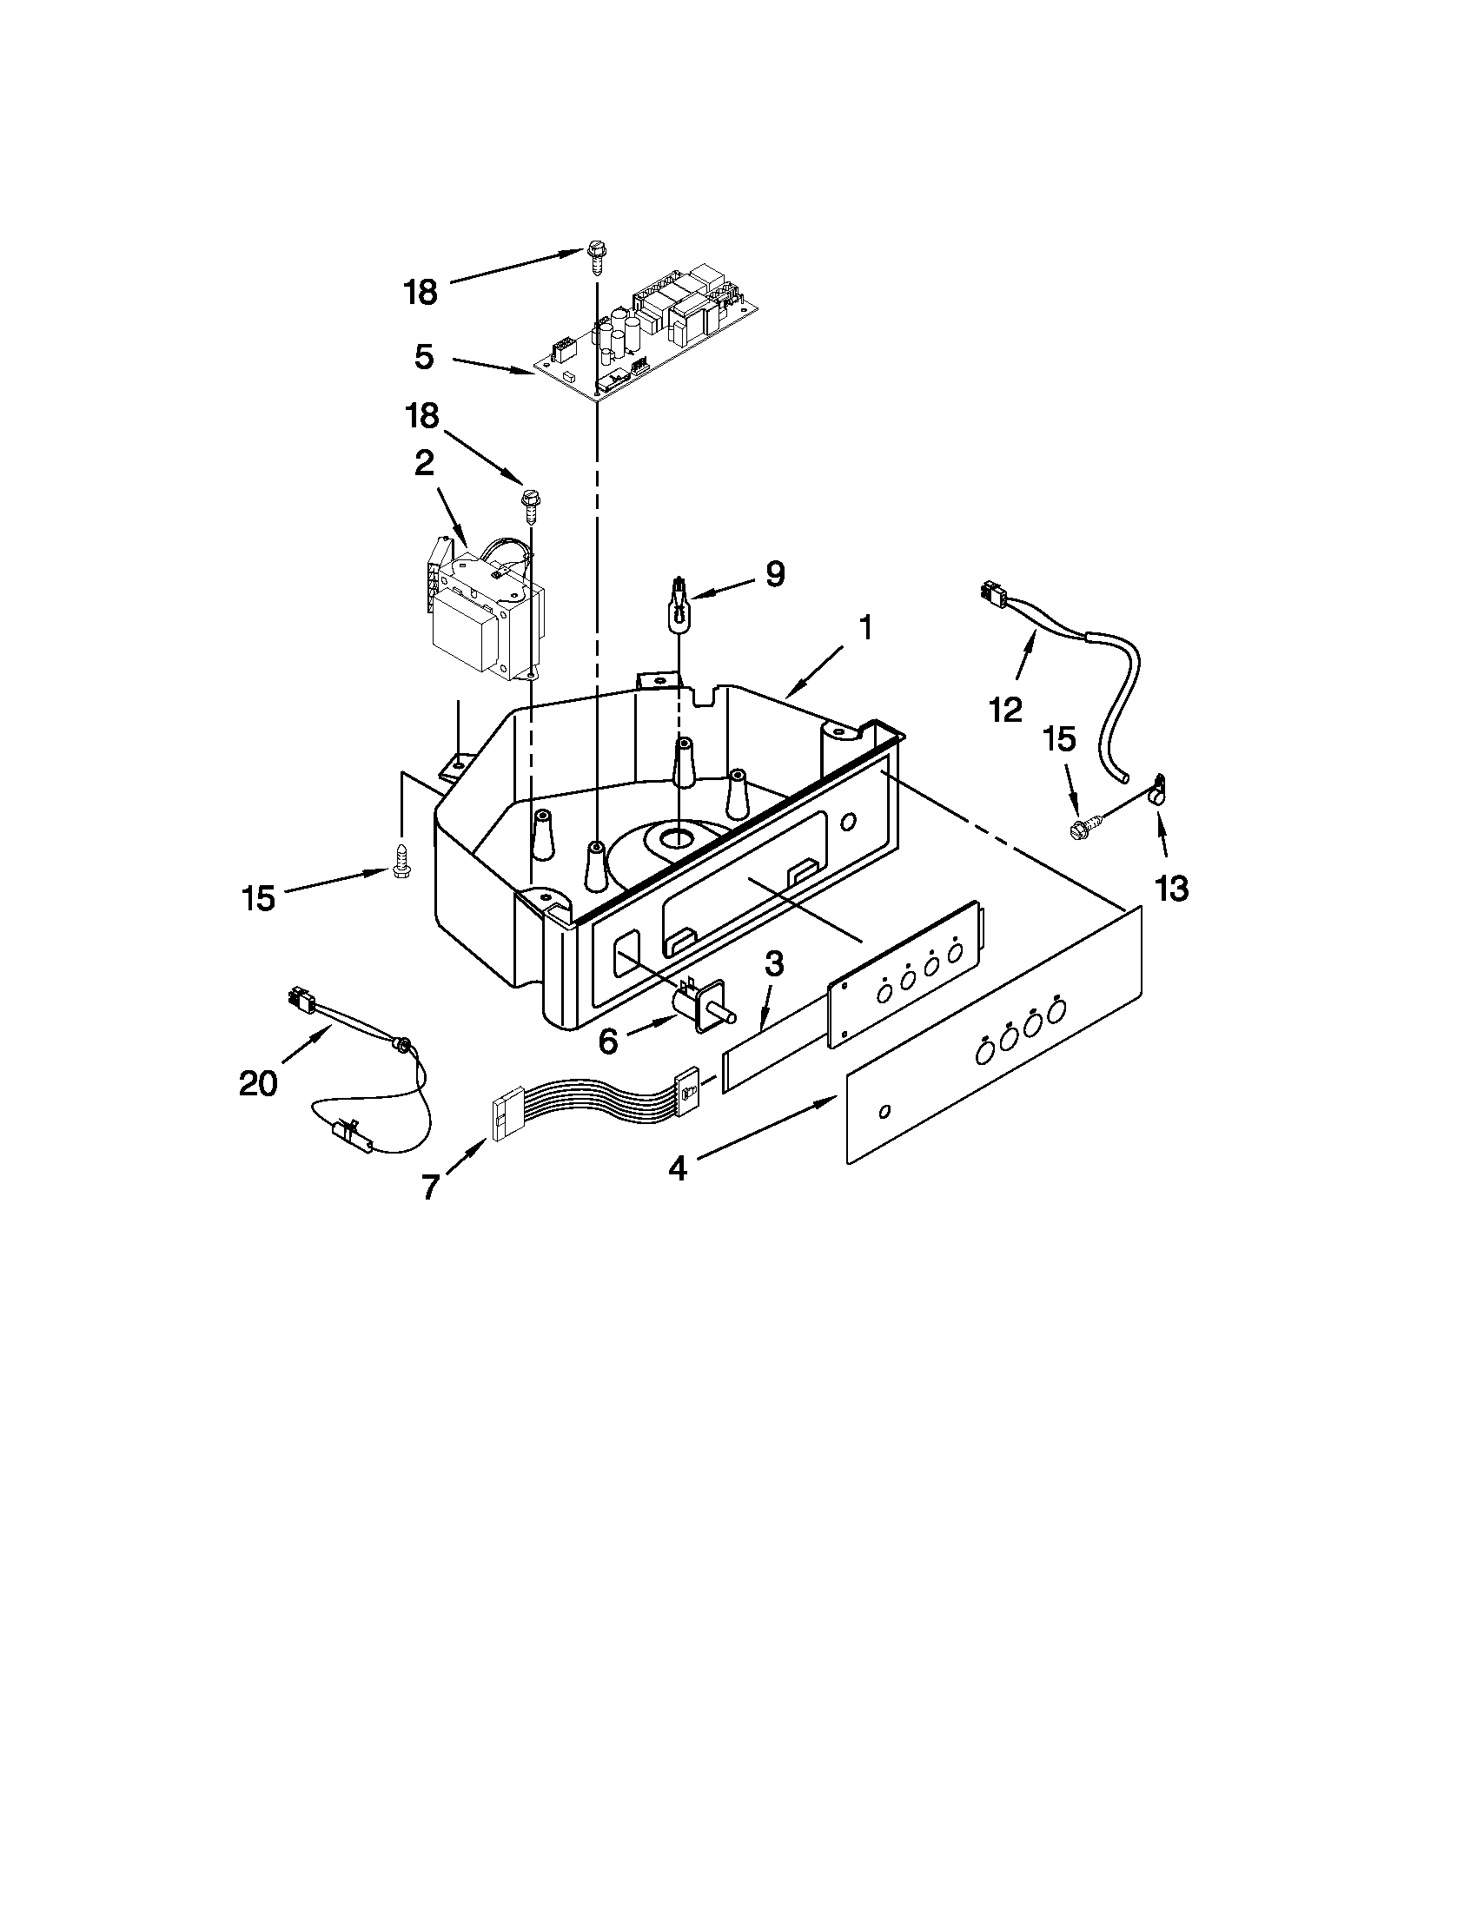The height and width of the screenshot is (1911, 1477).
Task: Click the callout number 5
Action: [x=424, y=357]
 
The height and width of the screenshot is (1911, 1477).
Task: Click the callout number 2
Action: [x=423, y=464]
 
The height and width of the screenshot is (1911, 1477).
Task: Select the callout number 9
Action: [x=775, y=574]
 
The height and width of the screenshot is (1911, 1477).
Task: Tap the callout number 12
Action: [x=1006, y=710]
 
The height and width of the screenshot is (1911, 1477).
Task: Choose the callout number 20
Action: [x=258, y=1083]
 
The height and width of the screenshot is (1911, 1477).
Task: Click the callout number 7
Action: [x=428, y=1187]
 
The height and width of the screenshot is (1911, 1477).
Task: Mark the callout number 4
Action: [x=679, y=1169]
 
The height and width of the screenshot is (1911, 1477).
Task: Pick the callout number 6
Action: [x=608, y=1041]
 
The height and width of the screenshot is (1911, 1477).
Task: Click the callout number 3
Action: [x=773, y=964]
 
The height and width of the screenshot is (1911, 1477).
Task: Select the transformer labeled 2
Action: [x=486, y=617]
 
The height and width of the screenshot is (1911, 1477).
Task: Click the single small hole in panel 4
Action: [x=885, y=1111]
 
